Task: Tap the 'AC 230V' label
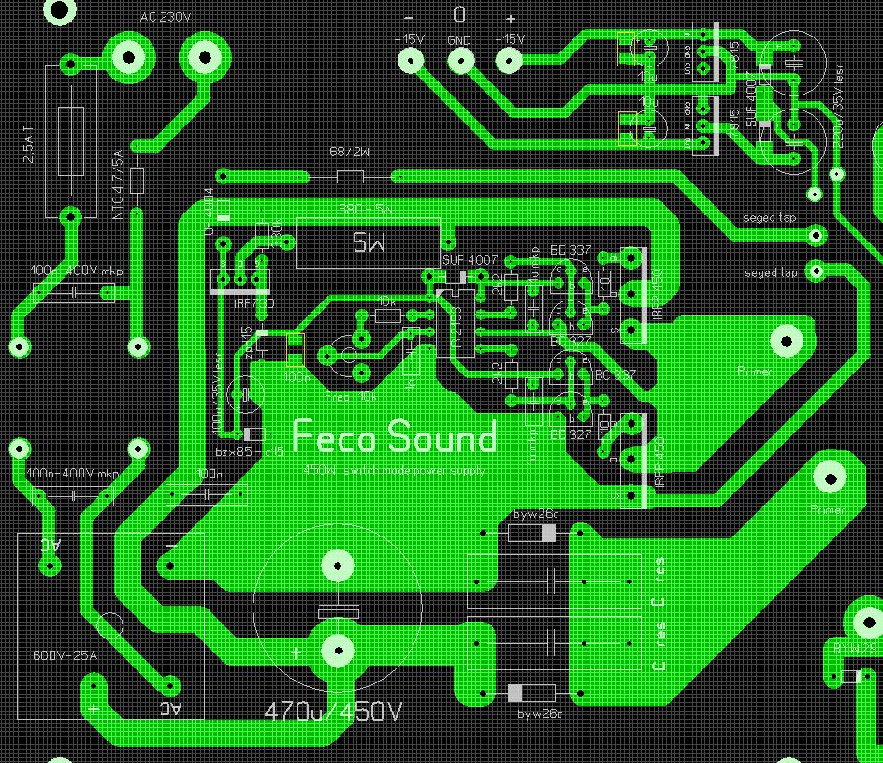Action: pyautogui.click(x=166, y=17)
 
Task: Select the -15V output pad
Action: pyautogui.click(x=410, y=60)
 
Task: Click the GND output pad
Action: pyautogui.click(x=459, y=60)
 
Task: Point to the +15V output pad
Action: pyautogui.click(x=509, y=60)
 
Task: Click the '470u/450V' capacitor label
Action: pyautogui.click(x=333, y=712)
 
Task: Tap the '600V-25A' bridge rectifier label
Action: pyautogui.click(x=65, y=655)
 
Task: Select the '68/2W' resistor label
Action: pyautogui.click(x=350, y=152)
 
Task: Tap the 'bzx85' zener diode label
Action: pyautogui.click(x=233, y=452)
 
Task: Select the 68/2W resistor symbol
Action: pyautogui.click(x=350, y=177)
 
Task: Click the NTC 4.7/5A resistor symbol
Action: pyautogui.click(x=138, y=179)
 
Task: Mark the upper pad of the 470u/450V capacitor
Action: pyautogui.click(x=337, y=565)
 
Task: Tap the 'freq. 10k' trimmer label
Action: pyautogui.click(x=349, y=397)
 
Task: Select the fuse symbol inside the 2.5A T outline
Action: pyautogui.click(x=71, y=141)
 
